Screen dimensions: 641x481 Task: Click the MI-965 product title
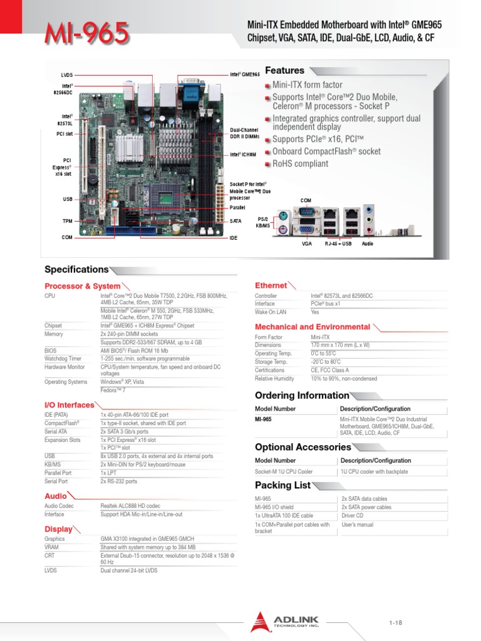(x=87, y=33)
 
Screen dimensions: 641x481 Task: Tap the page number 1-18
(x=395, y=622)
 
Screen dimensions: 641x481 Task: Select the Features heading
(x=284, y=71)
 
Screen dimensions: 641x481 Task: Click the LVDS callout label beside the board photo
(x=68, y=75)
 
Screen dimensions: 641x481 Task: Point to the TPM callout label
(x=67, y=221)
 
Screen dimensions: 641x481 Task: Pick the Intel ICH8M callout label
(x=243, y=154)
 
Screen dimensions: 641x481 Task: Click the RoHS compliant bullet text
(x=300, y=164)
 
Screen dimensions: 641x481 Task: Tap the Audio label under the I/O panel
(x=367, y=243)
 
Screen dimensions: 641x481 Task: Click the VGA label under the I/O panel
(x=307, y=243)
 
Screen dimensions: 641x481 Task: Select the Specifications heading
(x=76, y=270)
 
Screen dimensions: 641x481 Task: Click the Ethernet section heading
(x=271, y=285)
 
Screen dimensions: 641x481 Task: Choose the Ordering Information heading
(x=301, y=396)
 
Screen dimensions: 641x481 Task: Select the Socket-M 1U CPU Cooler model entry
(x=284, y=471)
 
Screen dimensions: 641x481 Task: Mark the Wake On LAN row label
(x=271, y=312)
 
